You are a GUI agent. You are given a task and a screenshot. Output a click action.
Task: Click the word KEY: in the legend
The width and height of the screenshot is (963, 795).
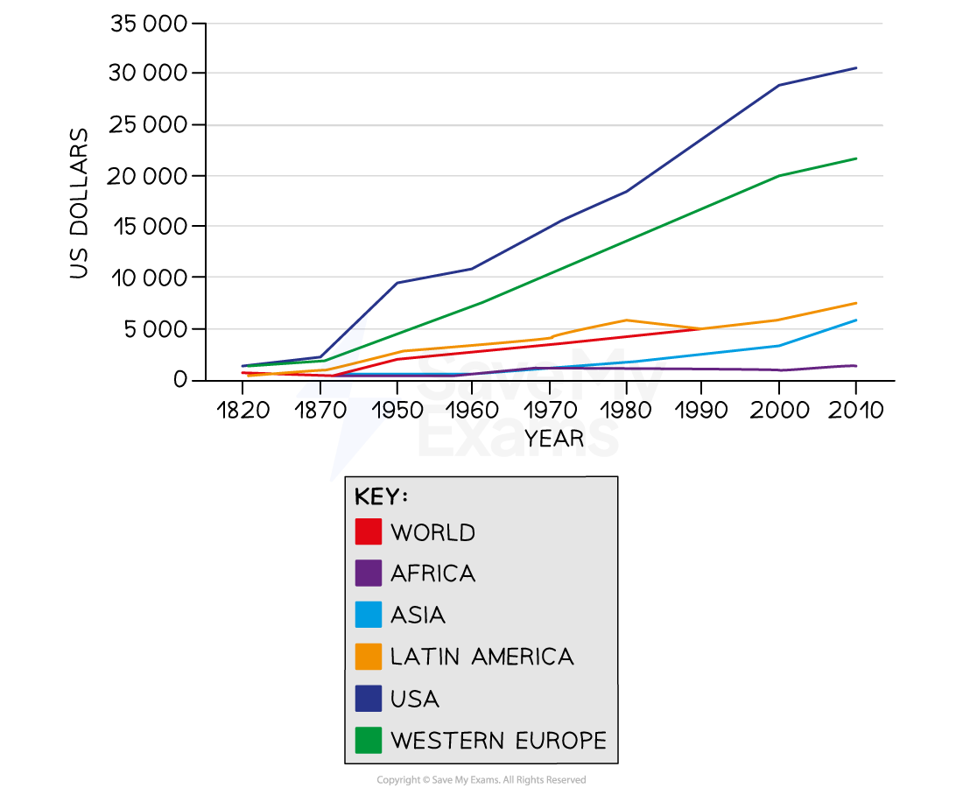click(x=381, y=496)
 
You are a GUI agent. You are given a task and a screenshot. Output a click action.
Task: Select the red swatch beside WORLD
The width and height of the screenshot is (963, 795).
click(x=369, y=532)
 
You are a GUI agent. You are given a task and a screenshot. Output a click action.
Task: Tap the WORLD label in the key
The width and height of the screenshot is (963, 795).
click(x=432, y=532)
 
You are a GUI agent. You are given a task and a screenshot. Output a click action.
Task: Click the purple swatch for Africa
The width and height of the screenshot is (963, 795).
click(x=369, y=573)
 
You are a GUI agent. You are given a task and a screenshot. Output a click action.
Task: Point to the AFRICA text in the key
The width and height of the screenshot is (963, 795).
click(x=432, y=573)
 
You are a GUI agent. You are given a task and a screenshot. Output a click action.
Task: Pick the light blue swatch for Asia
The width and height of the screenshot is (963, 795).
click(x=369, y=615)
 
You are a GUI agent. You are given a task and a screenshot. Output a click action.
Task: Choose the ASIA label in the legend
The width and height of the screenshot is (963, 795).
click(x=418, y=615)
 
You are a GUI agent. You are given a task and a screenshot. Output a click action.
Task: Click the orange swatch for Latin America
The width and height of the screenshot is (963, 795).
click(x=369, y=657)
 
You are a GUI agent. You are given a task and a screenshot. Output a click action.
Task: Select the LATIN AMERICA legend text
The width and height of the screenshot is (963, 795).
click(x=481, y=657)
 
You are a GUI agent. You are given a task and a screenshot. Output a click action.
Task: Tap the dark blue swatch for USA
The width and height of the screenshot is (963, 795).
click(x=369, y=699)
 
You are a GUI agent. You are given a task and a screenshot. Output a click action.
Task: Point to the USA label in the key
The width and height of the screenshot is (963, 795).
click(x=415, y=699)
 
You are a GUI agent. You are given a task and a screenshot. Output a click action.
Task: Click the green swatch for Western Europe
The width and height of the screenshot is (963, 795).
click(x=369, y=740)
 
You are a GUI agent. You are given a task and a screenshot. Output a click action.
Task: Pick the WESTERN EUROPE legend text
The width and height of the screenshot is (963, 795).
click(x=498, y=740)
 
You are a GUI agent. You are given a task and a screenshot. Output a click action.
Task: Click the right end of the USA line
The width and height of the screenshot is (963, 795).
click(x=856, y=67)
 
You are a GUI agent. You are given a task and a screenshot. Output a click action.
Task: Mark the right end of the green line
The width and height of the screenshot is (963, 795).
click(x=856, y=158)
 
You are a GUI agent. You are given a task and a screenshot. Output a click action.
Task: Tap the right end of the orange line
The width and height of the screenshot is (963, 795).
click(x=856, y=303)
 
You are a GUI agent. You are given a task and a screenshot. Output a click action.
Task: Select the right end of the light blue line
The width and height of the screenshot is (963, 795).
click(x=856, y=320)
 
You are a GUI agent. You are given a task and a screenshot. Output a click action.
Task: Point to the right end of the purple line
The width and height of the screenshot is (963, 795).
click(x=856, y=365)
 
